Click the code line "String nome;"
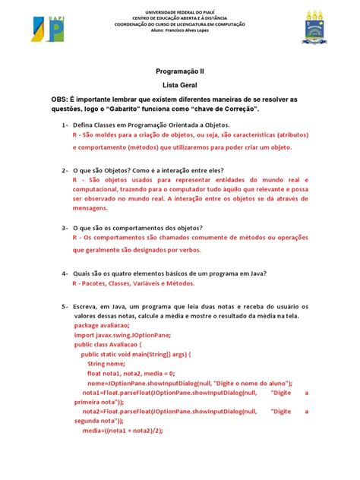click(x=107, y=363)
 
